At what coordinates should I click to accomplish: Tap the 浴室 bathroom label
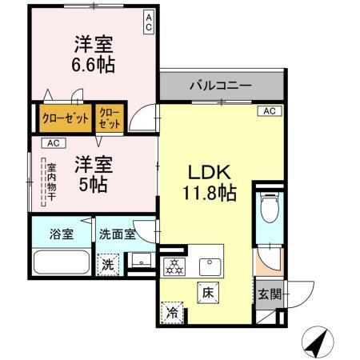coord(61,234)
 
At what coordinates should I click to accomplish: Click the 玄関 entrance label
coord(270,294)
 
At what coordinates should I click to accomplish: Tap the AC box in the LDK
coord(269,111)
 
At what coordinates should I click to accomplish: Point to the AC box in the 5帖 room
coord(53,143)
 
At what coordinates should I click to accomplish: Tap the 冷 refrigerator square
coord(172,310)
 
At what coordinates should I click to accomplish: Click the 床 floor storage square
coord(206,293)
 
